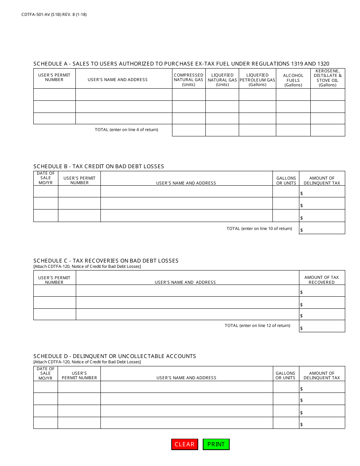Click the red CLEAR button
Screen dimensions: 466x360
click(185, 444)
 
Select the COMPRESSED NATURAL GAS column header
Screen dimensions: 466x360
click(189, 80)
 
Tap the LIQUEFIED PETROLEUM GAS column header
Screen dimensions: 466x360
click(257, 80)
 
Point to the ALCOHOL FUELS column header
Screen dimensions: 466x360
click(293, 80)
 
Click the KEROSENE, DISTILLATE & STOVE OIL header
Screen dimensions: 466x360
click(328, 78)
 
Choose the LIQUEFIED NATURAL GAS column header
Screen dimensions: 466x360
click(222, 80)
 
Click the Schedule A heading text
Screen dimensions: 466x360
click(181, 64)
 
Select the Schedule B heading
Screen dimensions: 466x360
click(99, 166)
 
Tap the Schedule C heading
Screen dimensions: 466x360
click(106, 261)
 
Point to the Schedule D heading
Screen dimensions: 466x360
click(114, 356)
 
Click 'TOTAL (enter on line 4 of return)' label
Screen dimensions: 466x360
click(126, 130)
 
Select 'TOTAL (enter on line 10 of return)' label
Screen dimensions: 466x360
click(259, 228)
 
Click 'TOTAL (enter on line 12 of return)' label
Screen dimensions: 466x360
click(257, 325)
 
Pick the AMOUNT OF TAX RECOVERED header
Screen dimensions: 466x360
click(322, 280)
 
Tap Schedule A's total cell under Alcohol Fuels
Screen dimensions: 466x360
click(293, 130)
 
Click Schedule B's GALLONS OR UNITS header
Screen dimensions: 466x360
click(286, 180)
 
